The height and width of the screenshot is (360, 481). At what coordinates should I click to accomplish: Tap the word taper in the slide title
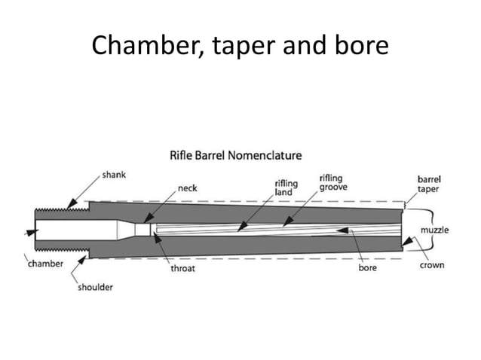pyautogui.click(x=243, y=47)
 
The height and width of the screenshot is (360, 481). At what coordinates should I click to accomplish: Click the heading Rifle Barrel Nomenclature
pyautogui.click(x=234, y=156)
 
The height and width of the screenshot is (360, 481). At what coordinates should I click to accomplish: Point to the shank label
pyautogui.click(x=113, y=175)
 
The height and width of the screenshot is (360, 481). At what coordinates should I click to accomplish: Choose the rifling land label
pyautogui.click(x=285, y=188)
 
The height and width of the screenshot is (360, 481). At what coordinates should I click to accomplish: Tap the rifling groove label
pyautogui.click(x=333, y=182)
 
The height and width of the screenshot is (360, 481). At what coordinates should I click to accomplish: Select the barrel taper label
pyautogui.click(x=430, y=185)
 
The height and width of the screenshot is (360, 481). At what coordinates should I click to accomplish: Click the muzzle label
pyautogui.click(x=434, y=229)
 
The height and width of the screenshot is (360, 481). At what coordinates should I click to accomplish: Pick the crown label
pyautogui.click(x=432, y=265)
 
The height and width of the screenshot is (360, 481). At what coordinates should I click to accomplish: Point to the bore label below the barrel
pyautogui.click(x=366, y=267)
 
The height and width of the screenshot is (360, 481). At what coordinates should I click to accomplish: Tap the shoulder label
pyautogui.click(x=96, y=288)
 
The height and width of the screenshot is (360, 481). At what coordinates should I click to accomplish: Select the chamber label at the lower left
pyautogui.click(x=45, y=264)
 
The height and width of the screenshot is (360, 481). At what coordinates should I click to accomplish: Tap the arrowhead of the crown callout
pyautogui.click(x=405, y=244)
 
